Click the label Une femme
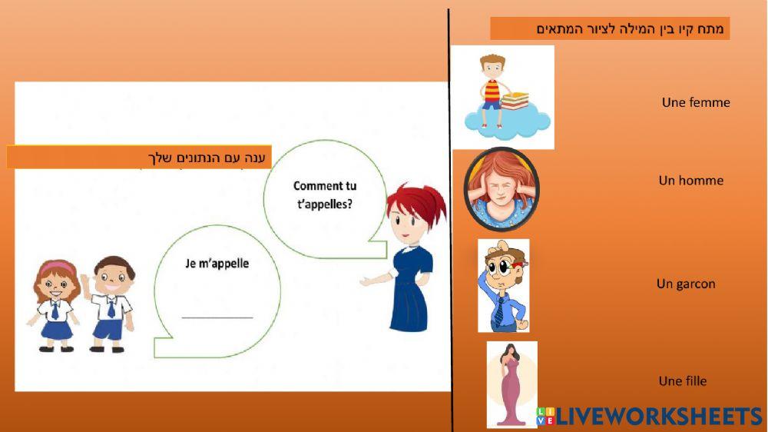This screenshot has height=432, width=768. point(695,102)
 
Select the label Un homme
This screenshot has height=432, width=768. point(690,181)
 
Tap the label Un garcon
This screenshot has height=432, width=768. point(686,284)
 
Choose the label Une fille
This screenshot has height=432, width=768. point(682,381)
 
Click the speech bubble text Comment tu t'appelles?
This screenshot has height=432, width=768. point(324,195)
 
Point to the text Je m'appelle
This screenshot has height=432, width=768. point(217,263)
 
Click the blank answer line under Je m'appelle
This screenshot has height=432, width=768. point(217,316)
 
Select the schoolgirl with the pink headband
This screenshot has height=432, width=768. point(56,304)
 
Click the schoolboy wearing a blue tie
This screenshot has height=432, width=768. point(111,303)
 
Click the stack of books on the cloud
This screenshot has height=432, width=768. point(515,100)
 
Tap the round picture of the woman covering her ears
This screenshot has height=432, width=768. point(501,189)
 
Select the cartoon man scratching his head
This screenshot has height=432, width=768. point(503,285)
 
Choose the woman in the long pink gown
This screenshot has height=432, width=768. point(509,384)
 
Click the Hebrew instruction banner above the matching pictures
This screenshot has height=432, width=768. point(610,29)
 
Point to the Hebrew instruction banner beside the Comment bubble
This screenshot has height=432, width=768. point(139,158)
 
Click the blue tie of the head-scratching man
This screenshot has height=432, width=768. point(500,311)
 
